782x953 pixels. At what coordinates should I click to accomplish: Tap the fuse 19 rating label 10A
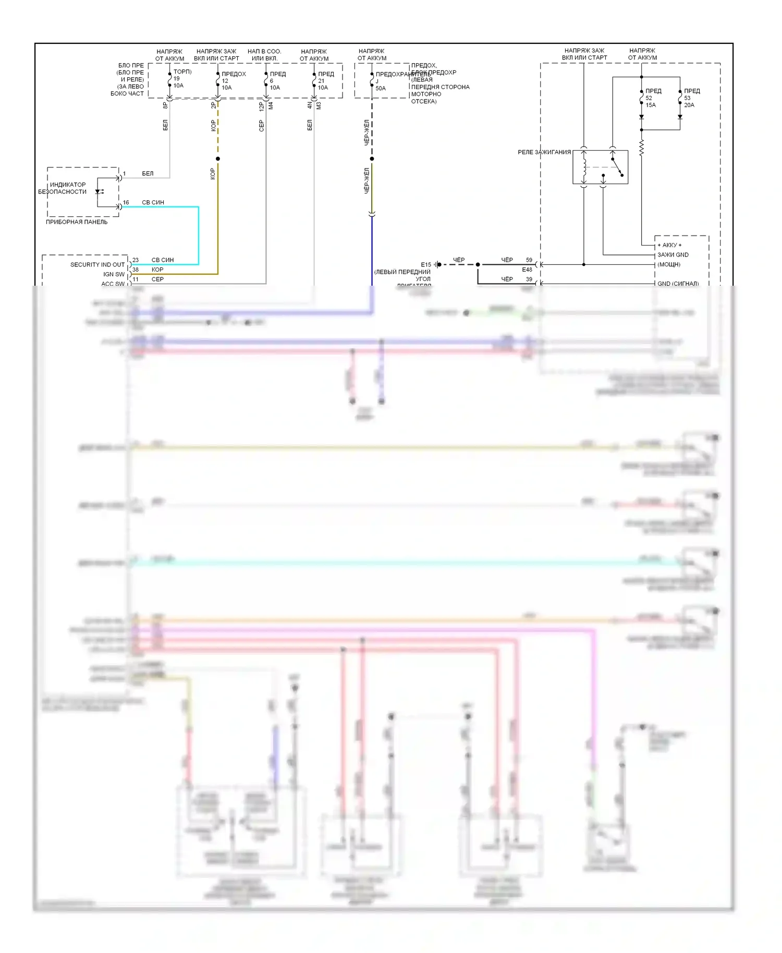tap(178, 86)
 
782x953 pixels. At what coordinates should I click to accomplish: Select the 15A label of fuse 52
tap(651, 105)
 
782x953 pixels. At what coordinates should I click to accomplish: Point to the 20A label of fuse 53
tap(689, 105)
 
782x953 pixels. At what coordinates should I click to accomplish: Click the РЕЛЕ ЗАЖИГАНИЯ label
tap(544, 152)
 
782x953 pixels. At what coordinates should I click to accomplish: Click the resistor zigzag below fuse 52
tap(641, 148)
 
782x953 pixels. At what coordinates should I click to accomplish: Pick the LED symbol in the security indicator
tap(98, 192)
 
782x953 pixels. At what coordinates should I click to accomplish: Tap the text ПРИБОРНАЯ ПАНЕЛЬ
tap(77, 222)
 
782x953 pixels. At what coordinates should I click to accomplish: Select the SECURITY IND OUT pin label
tap(97, 265)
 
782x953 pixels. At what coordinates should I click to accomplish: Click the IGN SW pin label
tap(114, 274)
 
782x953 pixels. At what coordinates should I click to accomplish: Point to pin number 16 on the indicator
tap(126, 203)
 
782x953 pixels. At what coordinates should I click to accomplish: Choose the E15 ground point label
tap(426, 265)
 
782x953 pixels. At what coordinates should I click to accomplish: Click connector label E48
tap(527, 270)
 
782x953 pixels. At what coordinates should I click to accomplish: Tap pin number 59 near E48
tap(529, 260)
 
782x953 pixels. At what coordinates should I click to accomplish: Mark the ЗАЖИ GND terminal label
tap(673, 255)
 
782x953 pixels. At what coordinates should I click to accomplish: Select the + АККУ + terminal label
tap(669, 245)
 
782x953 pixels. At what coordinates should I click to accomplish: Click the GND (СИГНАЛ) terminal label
tap(678, 284)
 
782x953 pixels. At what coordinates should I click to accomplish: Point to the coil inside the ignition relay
tap(584, 167)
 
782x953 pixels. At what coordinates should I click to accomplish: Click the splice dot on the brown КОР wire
tap(218, 159)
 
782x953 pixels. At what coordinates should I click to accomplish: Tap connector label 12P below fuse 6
tap(262, 106)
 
